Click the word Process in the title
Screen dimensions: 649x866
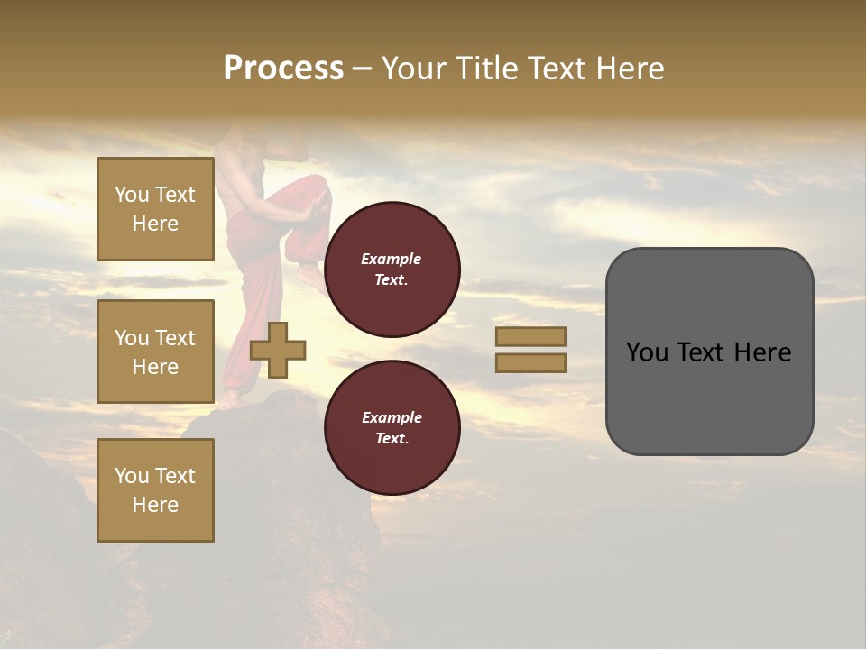(283, 69)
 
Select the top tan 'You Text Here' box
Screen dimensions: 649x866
(155, 209)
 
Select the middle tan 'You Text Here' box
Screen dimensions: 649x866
(155, 352)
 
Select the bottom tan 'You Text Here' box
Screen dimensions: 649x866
(155, 490)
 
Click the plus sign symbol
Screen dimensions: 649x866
(278, 350)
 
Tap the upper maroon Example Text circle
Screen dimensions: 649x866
(392, 270)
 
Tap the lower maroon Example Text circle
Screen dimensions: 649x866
(392, 428)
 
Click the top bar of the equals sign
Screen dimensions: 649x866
(530, 336)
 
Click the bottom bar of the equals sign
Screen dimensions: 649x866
(530, 362)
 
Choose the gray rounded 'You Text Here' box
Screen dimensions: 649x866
(709, 352)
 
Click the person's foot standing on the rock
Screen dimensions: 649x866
(229, 399)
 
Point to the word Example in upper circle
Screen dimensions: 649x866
(392, 259)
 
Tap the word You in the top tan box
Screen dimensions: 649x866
(132, 195)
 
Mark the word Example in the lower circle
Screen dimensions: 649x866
(392, 417)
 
